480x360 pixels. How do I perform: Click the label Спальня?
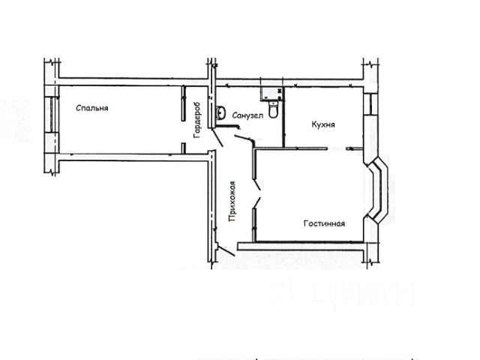point(92,108)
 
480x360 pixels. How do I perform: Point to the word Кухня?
point(322,125)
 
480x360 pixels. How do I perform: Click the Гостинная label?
point(324,223)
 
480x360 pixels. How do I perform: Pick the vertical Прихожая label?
point(233,202)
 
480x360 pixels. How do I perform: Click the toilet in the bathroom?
point(274,110)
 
